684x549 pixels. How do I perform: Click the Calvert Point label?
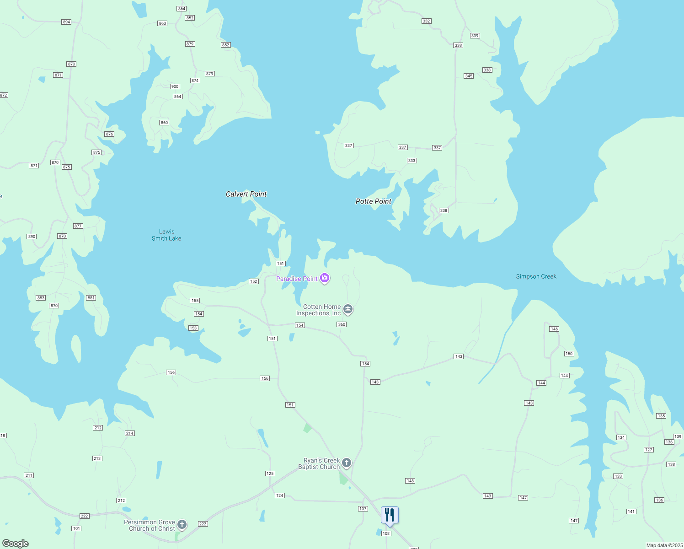coord(246,194)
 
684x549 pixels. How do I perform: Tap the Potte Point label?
coord(373,201)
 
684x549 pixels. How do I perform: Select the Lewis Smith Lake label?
coord(166,235)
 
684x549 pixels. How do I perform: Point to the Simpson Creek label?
coord(536,276)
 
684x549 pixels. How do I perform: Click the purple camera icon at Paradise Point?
coord(325,278)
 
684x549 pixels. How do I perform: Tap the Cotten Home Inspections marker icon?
coord(348,310)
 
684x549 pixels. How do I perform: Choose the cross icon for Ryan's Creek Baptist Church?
coord(347,463)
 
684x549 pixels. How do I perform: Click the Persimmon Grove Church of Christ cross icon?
coord(182,525)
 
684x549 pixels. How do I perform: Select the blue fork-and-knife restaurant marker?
coord(390,515)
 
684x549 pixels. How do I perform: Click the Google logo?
coord(16,544)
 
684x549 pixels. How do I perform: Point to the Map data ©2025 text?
coord(664,545)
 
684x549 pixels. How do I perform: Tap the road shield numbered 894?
coord(66,22)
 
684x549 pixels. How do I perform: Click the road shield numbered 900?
coord(175,86)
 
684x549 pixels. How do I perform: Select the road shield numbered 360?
coord(342,324)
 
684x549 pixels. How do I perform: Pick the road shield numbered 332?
coord(426,21)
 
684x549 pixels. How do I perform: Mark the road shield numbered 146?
coord(554,329)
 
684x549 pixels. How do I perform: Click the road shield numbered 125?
coord(270,474)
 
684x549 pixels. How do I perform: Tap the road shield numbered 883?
coord(41,298)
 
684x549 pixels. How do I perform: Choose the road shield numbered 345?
coord(468,76)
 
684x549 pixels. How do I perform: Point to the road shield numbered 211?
coord(29,475)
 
